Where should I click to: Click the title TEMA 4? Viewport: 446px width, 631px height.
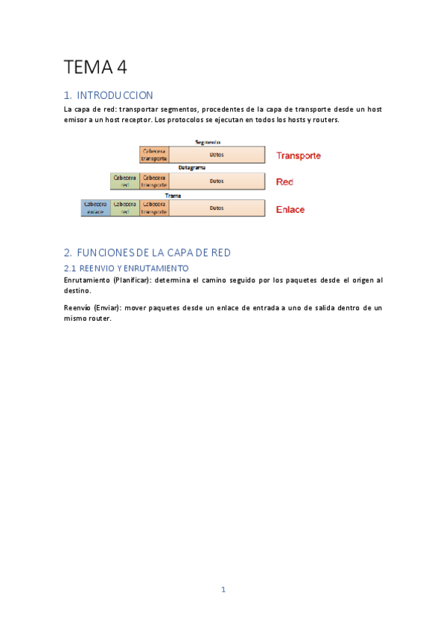point(95,67)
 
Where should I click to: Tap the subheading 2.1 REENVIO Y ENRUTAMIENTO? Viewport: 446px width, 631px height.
point(127,268)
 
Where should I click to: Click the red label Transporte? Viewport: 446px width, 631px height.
point(299,156)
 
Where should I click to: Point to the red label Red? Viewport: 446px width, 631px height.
point(284,182)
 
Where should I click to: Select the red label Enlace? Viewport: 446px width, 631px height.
point(290,209)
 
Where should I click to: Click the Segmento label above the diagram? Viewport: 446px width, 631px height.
point(208,142)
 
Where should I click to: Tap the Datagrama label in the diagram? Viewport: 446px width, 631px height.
point(191,168)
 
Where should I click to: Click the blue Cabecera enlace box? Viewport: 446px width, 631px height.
point(95,208)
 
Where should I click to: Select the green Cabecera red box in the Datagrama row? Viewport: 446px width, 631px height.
point(124,181)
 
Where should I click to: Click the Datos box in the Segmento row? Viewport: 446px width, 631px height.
point(217,155)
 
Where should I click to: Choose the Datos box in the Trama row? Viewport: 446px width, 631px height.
point(217,208)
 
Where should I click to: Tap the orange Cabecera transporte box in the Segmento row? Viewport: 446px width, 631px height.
point(154,155)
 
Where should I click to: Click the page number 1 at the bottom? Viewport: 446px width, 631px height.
point(223,589)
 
